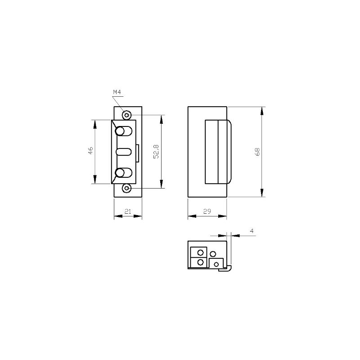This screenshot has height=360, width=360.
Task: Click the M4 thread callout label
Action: [x=117, y=92]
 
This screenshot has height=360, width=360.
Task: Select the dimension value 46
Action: [x=90, y=151]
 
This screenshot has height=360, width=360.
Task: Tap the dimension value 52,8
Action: [x=156, y=152]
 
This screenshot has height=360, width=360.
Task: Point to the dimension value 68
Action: [x=257, y=152]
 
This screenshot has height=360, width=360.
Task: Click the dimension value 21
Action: [x=128, y=211]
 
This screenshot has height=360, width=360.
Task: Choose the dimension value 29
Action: [x=207, y=211]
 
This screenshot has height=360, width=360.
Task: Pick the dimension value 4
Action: [x=252, y=231]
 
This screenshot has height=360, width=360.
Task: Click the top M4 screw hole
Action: [x=127, y=115]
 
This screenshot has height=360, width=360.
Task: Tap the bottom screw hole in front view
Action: [x=127, y=188]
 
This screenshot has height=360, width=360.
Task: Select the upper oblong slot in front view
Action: [x=123, y=131]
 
